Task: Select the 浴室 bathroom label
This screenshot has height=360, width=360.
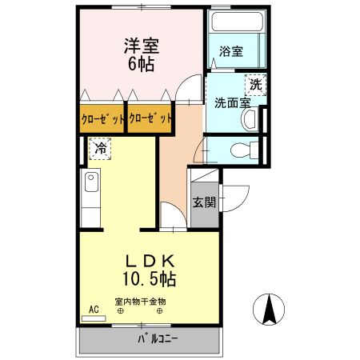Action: [x=232, y=51]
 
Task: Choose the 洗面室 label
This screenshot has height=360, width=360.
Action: [x=231, y=102]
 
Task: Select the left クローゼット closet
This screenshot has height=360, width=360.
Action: [x=102, y=119]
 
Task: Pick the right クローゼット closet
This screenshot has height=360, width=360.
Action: [x=150, y=119]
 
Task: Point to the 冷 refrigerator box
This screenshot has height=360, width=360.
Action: [x=100, y=148]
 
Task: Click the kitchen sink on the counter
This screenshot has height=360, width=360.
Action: [x=90, y=189]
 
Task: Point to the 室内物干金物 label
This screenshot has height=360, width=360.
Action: [x=140, y=302]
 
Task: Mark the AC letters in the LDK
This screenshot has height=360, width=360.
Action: [x=94, y=309]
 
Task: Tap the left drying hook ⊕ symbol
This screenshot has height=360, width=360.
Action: [x=121, y=312]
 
